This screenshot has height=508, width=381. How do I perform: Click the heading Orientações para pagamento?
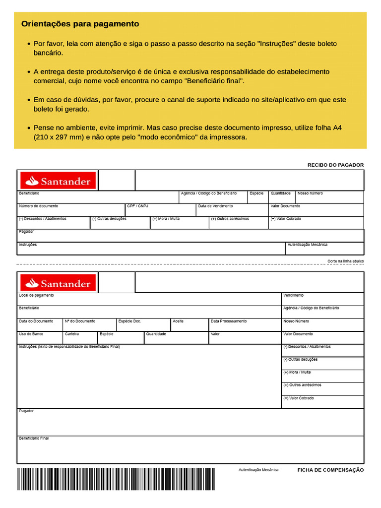pos(80,24)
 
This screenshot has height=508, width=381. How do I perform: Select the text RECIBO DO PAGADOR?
pos(335,165)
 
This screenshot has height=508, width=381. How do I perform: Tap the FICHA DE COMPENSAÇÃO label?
pos(330,470)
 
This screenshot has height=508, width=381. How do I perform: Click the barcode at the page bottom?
pos(116,478)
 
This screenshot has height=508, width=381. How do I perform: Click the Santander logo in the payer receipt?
pos(58,181)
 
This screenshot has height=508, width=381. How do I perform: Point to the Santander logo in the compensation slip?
pos(58,283)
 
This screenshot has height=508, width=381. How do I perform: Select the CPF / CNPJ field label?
pos(137,206)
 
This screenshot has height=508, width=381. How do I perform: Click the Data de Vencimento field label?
pos(215,206)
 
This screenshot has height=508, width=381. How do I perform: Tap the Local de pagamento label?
pos(36,295)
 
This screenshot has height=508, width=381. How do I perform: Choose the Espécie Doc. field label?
pos(129,321)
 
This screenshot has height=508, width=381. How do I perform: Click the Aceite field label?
pos(178,321)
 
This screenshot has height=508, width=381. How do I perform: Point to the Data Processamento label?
pos(228,321)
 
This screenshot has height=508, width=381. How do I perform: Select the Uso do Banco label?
pos(31,334)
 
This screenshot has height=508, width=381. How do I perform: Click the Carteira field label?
pos(71,334)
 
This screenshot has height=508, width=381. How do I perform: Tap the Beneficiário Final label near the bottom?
pos(34,438)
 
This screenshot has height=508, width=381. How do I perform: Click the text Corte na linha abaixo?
pos(345,260)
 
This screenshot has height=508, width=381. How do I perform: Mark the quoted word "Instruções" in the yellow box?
pos(276,44)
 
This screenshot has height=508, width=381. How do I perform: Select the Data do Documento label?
pos(36,321)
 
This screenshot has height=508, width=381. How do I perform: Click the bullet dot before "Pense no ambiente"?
pos(29,128)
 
